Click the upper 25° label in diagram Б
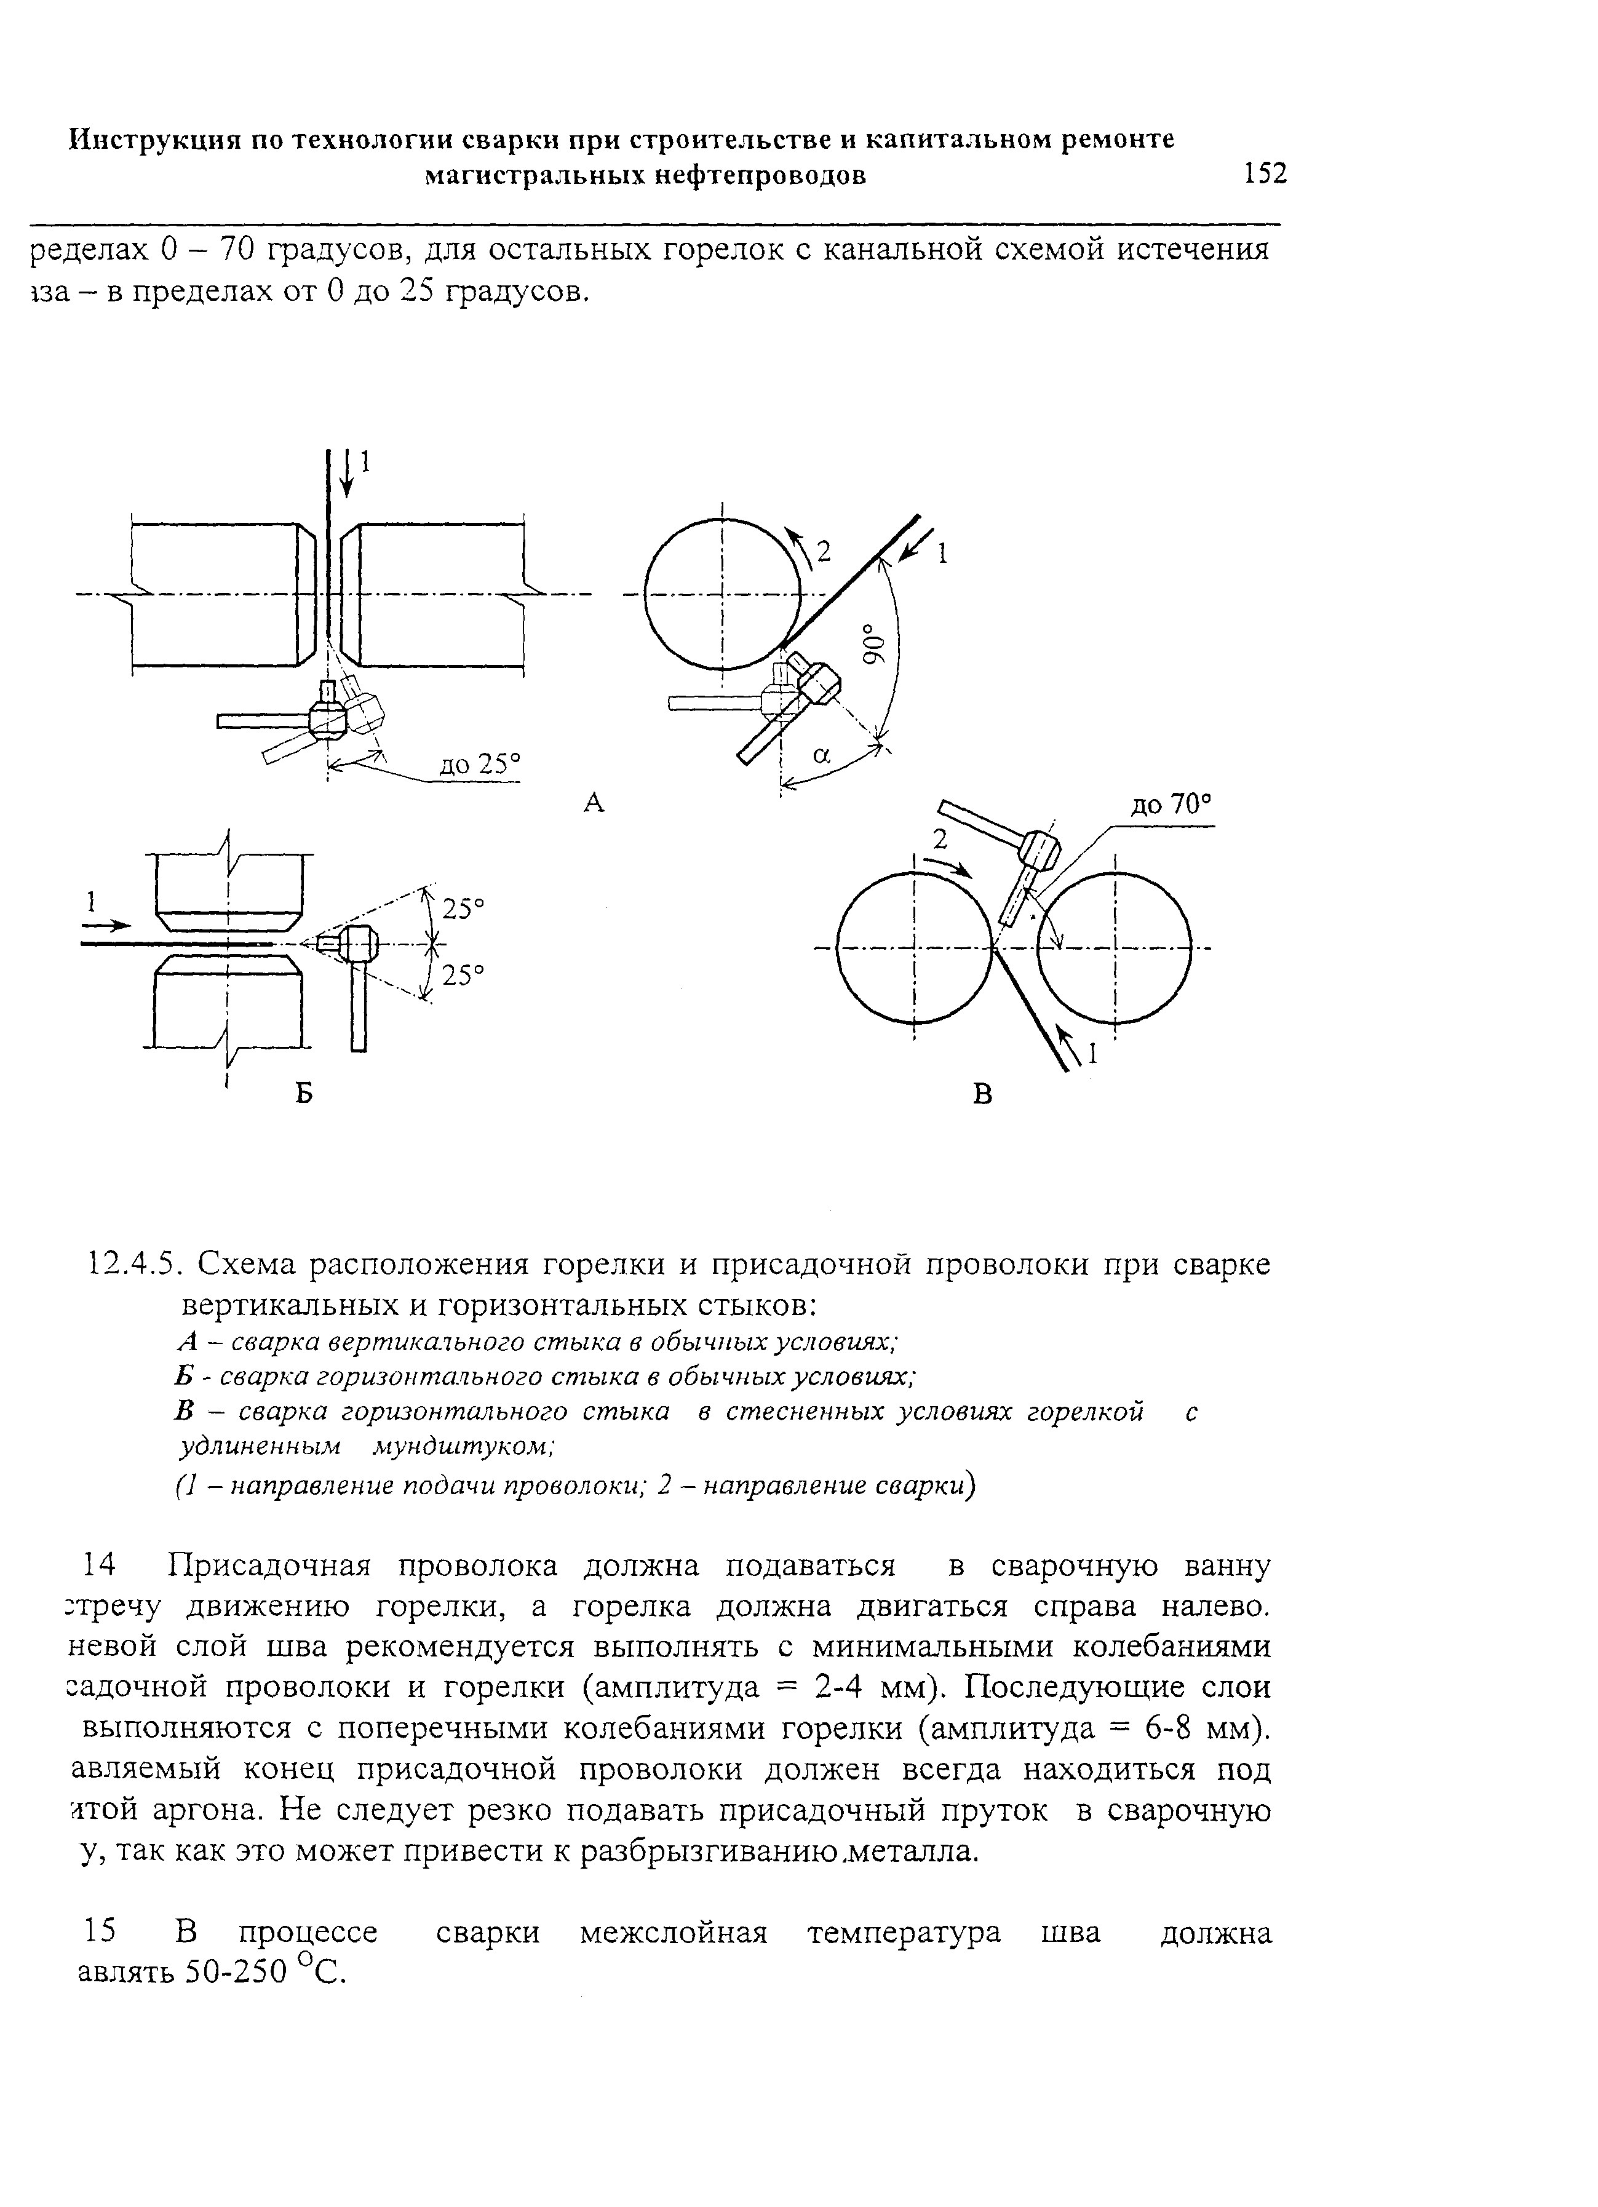point(463,909)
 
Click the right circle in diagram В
point(1115,948)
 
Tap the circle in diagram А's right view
point(722,595)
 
